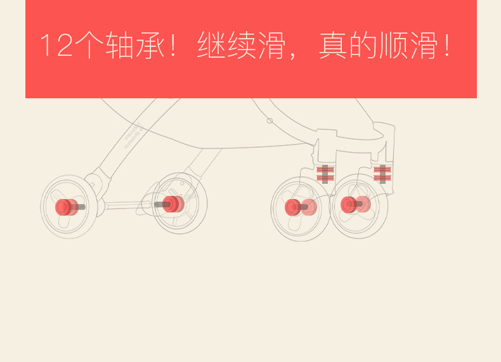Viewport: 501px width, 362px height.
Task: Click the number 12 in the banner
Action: click(56, 46)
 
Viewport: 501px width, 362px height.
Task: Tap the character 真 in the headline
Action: click(333, 46)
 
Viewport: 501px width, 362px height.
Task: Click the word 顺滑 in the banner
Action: click(408, 46)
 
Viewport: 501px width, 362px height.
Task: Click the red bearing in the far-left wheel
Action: click(65, 207)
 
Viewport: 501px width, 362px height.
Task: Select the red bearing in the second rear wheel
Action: click(172, 204)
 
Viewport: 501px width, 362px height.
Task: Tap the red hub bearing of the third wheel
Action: click(294, 207)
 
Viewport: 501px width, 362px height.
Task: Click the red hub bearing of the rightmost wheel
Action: click(349, 205)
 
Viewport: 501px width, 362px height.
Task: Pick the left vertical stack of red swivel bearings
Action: click(325, 174)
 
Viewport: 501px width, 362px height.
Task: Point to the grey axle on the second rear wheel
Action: click(159, 204)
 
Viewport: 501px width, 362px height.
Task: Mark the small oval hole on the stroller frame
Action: click(270, 120)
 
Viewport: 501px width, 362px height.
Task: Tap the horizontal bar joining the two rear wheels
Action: click(127, 205)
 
